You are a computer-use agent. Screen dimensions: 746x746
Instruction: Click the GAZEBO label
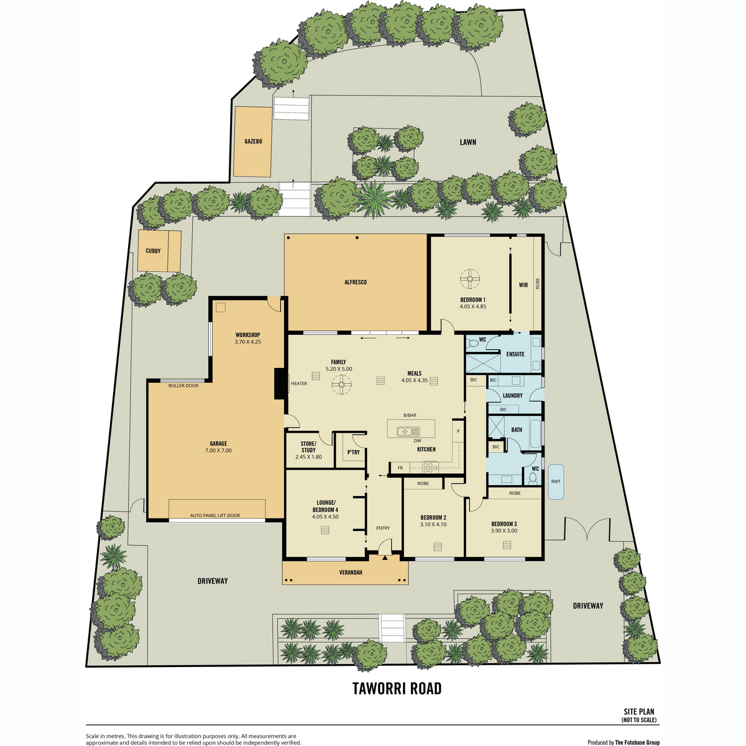(253, 141)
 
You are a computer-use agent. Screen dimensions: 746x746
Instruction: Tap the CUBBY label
(153, 251)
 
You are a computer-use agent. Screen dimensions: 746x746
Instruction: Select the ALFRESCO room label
(356, 282)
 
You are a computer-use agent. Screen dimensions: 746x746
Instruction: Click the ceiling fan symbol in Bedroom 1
(470, 279)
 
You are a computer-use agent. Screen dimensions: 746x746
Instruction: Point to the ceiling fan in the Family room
(341, 385)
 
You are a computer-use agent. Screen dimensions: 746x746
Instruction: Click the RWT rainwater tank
(556, 482)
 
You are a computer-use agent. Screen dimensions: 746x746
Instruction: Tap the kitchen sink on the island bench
(408, 431)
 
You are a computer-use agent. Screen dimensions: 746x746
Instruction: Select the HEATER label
(299, 384)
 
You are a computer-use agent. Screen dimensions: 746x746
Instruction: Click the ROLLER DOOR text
(183, 385)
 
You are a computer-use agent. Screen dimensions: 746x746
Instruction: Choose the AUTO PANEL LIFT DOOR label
(215, 515)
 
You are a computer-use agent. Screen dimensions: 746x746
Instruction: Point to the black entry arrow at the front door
(385, 558)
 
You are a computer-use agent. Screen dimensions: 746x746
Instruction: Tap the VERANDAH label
(351, 572)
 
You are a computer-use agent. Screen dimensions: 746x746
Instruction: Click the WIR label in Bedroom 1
(523, 285)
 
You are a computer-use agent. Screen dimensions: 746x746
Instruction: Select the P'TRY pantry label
(354, 452)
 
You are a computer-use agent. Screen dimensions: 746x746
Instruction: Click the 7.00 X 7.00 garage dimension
(218, 450)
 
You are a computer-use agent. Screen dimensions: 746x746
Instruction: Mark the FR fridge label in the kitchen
(400, 467)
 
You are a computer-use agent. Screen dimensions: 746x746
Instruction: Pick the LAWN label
(467, 142)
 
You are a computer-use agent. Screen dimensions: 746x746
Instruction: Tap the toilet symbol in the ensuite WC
(472, 343)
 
